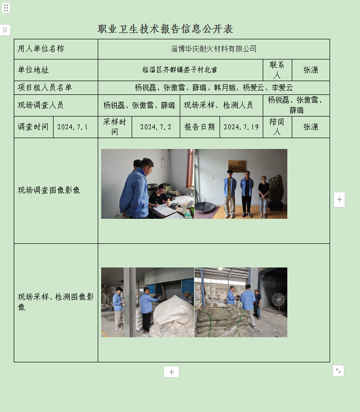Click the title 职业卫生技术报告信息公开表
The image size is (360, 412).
point(165,29)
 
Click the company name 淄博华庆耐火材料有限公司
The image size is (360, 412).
point(214,49)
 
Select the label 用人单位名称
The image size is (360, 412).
point(41,49)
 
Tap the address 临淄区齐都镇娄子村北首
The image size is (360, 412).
point(180,70)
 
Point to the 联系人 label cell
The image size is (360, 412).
point(277,70)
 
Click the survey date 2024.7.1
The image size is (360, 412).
point(73,127)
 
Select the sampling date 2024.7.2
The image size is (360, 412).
point(156,127)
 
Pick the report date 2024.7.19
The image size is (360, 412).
point(241,127)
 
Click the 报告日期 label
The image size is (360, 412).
point(199,127)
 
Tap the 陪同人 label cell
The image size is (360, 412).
point(277,127)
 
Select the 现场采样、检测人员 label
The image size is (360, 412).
point(218,105)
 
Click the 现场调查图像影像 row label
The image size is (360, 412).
point(49,190)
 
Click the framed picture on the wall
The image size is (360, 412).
point(237,166)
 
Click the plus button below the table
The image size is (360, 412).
point(171,372)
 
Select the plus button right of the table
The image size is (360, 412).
point(339,200)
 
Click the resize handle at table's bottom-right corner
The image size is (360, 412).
point(338,371)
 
